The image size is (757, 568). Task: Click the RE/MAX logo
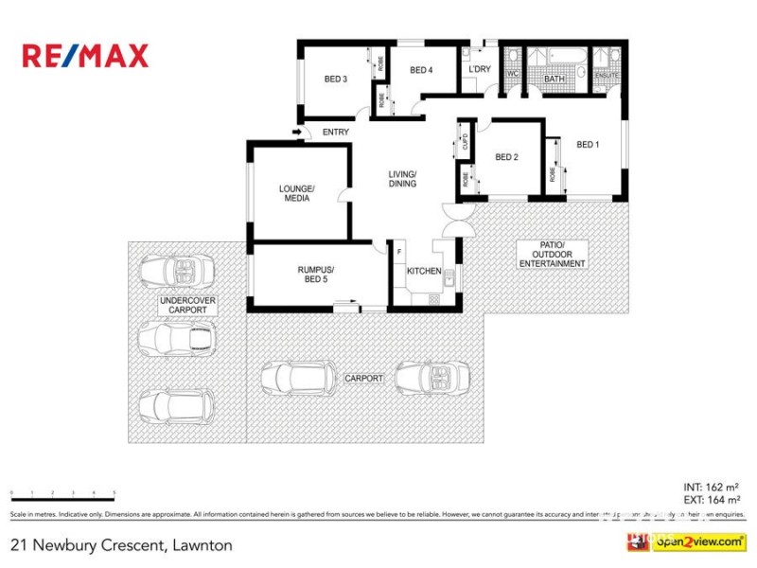85,56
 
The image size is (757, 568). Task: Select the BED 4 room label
421,70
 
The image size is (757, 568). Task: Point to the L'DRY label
479,70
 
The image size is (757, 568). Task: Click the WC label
513,74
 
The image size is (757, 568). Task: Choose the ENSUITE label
607,75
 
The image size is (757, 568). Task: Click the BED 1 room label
588,145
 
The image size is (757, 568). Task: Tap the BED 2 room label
506,157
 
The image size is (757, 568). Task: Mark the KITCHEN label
424,272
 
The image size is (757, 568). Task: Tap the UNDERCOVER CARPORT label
187,305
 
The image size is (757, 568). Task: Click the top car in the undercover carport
177,272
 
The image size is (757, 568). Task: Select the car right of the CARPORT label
431,378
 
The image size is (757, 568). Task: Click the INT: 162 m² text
711,487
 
